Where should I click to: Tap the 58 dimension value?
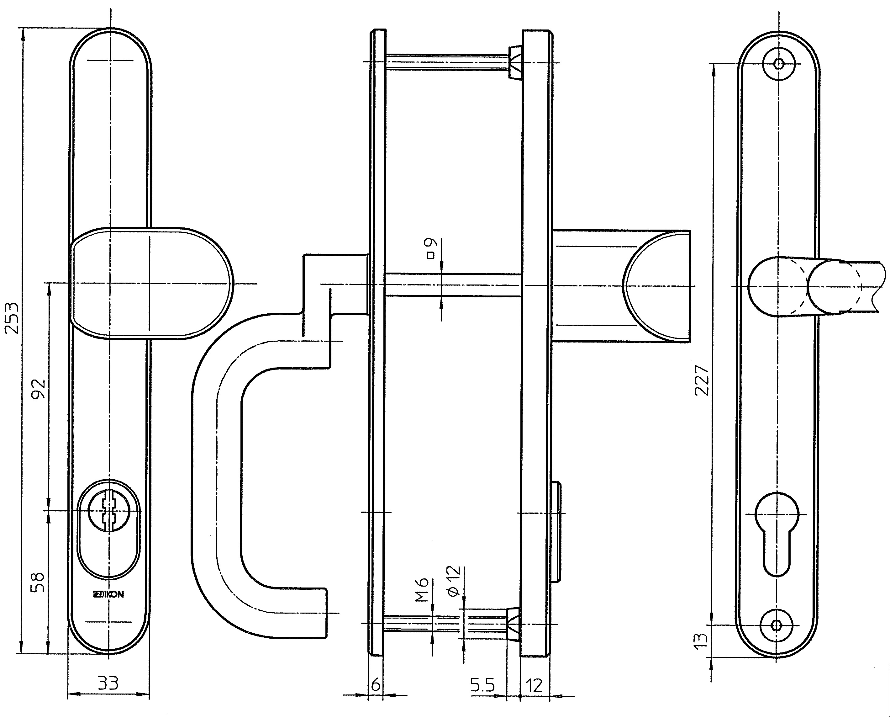[x=38, y=582]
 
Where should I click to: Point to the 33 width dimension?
[x=108, y=683]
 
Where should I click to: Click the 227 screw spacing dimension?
[x=702, y=380]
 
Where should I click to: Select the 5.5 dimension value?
[x=482, y=685]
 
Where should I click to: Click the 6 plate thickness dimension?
[x=375, y=685]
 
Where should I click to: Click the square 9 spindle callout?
[x=430, y=248]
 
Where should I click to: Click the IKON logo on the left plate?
[x=108, y=595]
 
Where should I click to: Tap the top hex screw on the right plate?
[x=779, y=64]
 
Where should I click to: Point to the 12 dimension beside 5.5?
[x=534, y=685]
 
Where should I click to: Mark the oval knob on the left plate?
[x=151, y=283]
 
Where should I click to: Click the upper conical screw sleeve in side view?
[x=514, y=62]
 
